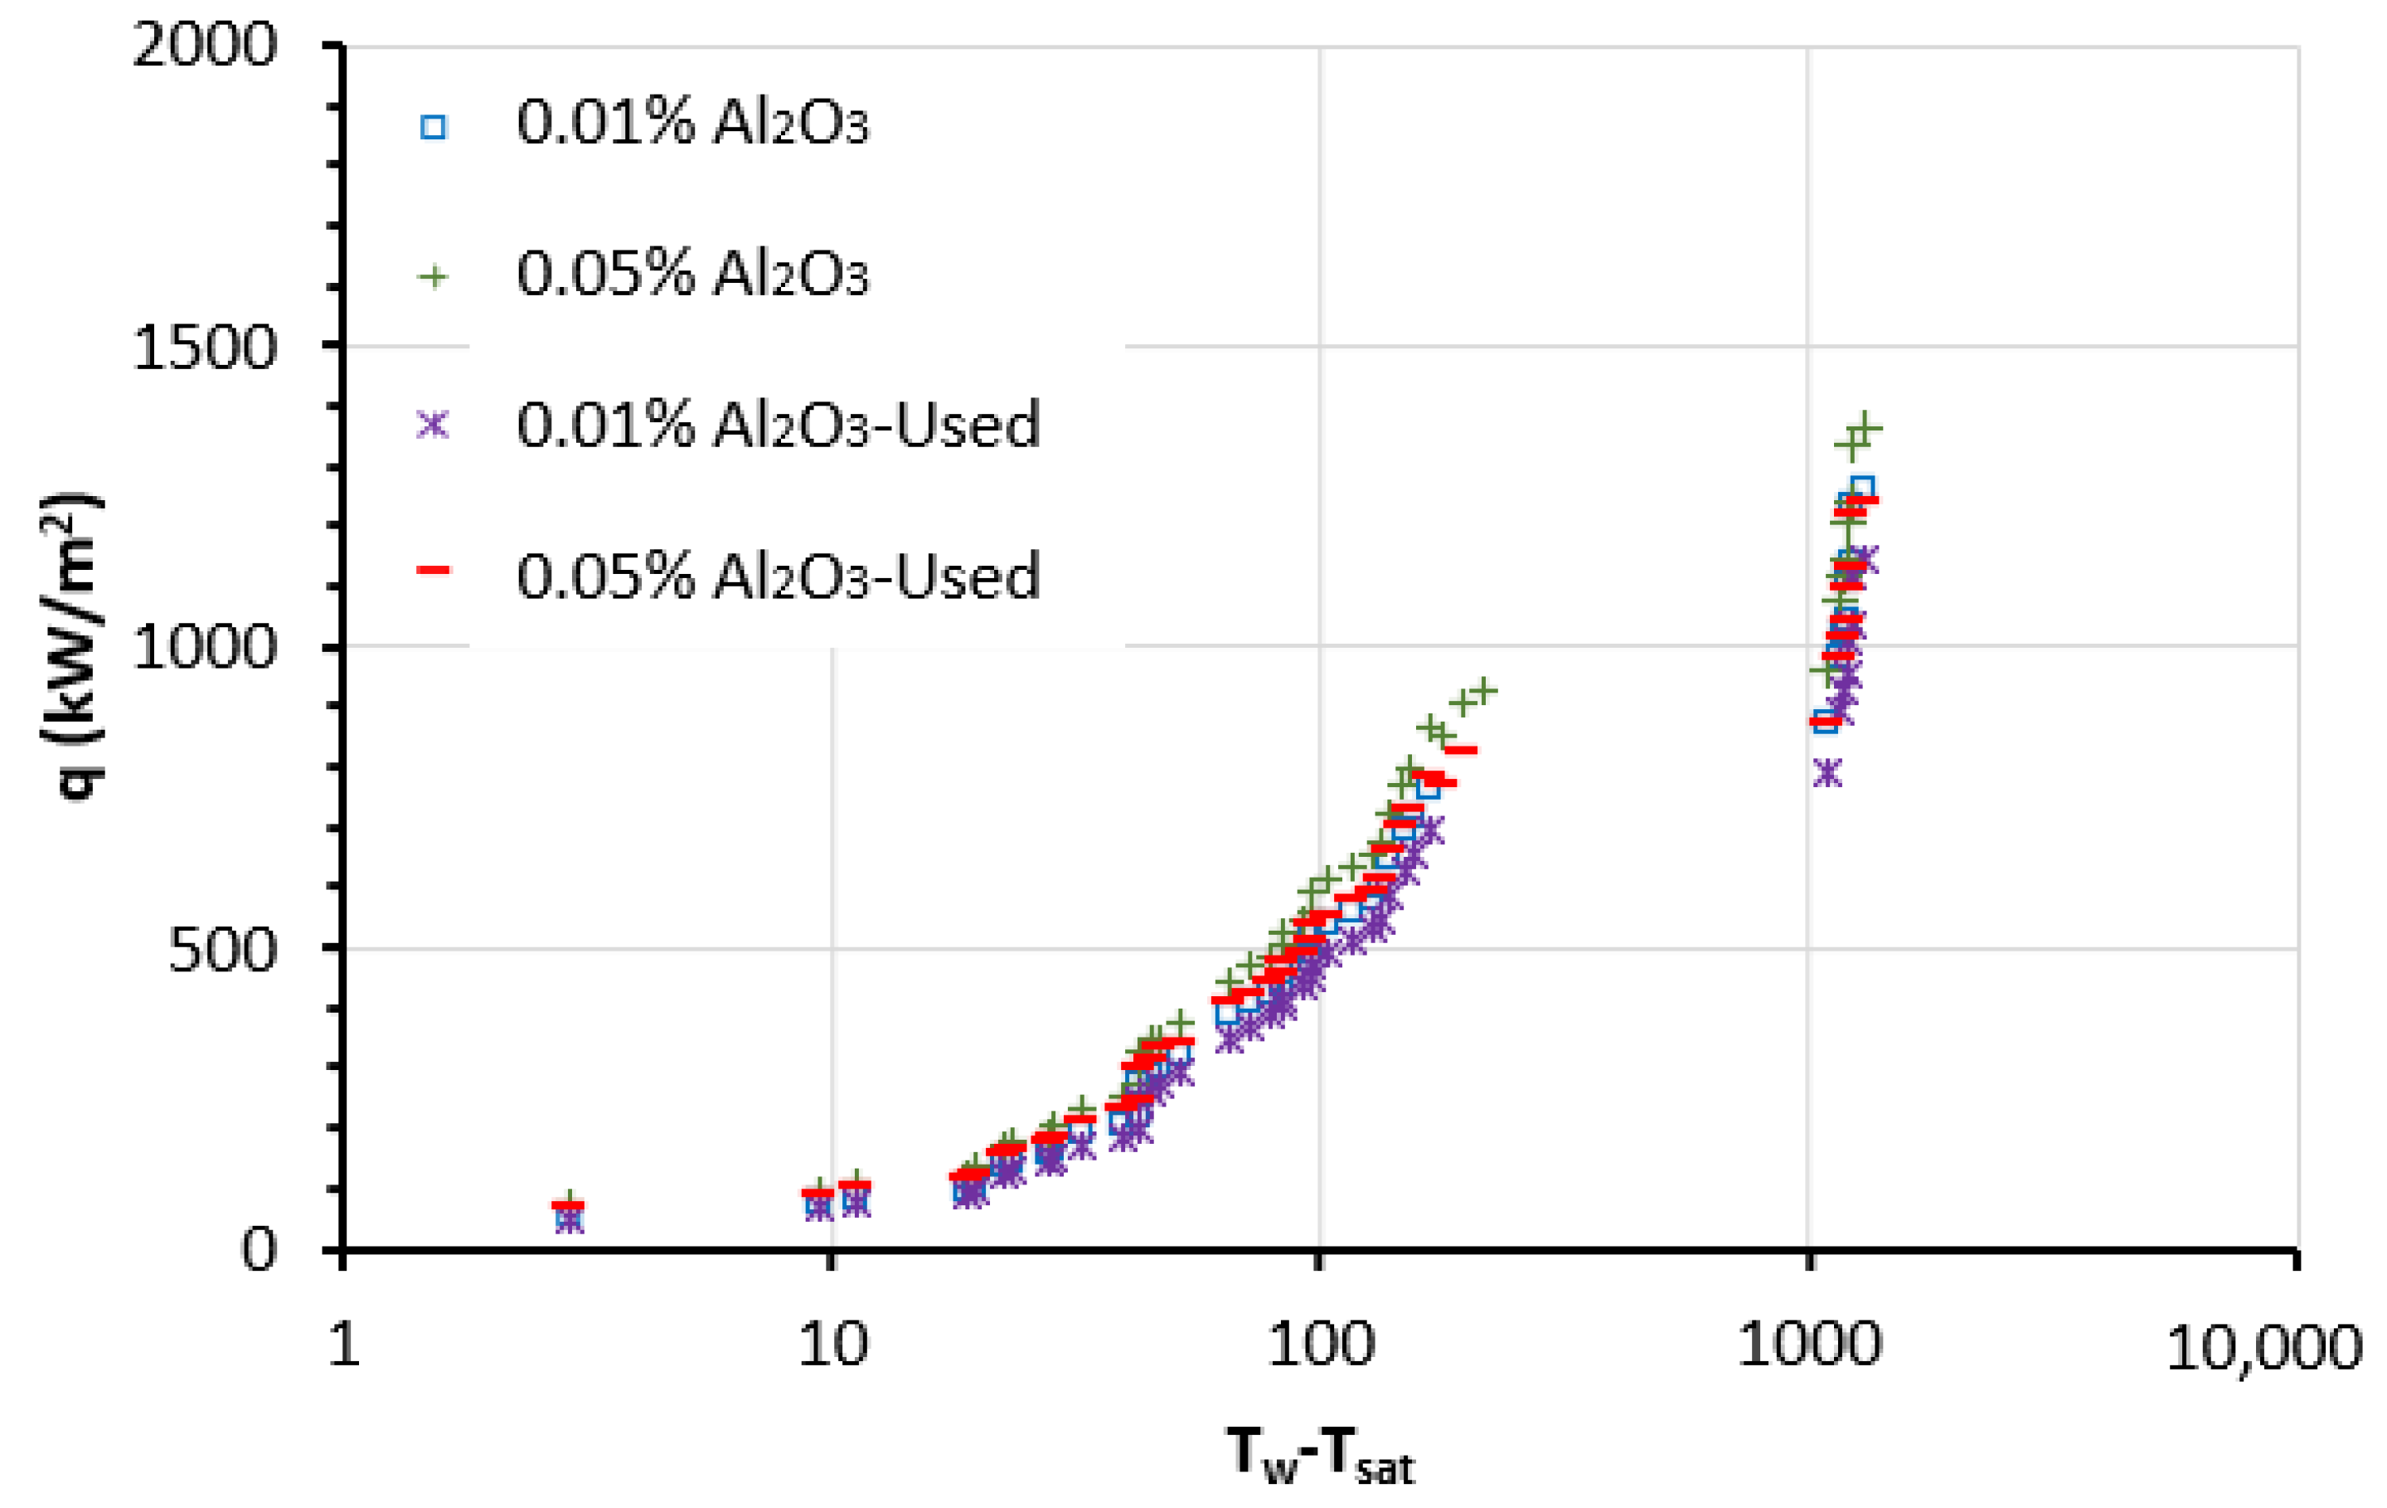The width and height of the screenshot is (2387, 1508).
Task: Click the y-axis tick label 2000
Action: click(204, 46)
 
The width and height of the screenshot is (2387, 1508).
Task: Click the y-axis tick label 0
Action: click(259, 1250)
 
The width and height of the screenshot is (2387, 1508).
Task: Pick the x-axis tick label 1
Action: click(344, 1345)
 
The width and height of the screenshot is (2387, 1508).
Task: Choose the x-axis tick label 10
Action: click(832, 1345)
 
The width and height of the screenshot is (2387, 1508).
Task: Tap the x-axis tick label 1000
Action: click(1809, 1345)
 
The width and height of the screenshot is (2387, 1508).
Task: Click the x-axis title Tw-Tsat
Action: click(1321, 1456)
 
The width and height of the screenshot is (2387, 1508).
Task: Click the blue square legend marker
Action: click(433, 127)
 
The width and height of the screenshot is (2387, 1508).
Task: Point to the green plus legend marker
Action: click(433, 276)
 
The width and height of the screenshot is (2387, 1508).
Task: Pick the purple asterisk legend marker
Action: click(433, 426)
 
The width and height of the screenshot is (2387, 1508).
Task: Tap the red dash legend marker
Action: click(433, 570)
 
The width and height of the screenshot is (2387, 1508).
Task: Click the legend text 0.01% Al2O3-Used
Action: click(779, 426)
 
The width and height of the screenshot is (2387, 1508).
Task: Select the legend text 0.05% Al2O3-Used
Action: click(779, 576)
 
